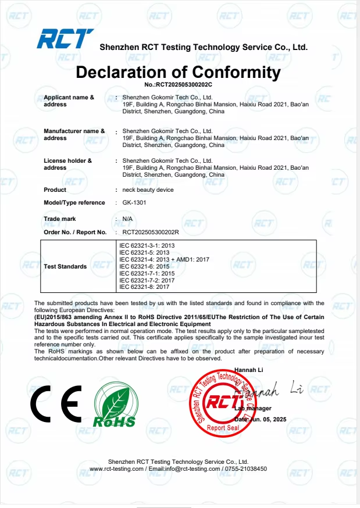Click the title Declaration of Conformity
click(178, 73)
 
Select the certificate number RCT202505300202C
click(178, 85)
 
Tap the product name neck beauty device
click(148, 190)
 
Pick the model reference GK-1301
click(134, 203)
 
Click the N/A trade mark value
click(127, 219)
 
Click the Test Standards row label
click(65, 266)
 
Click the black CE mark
click(56, 405)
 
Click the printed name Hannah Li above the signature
click(248, 370)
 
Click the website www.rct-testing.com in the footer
click(116, 468)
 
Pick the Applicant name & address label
click(69, 101)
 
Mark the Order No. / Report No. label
click(75, 232)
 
